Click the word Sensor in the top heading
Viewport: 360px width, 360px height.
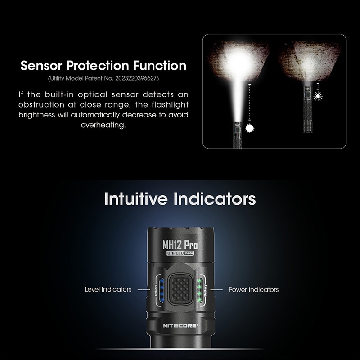tap(41, 66)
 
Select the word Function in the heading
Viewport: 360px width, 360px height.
tap(160, 66)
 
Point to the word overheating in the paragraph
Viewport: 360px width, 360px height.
tap(103, 125)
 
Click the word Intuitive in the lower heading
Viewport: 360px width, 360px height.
tap(136, 199)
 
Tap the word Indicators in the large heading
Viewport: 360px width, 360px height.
tap(215, 199)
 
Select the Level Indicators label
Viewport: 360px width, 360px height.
tap(108, 289)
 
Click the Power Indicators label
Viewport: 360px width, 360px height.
tap(253, 289)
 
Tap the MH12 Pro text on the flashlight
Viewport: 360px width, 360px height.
tap(180, 245)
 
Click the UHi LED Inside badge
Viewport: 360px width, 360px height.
tap(180, 253)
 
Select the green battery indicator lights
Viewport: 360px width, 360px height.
tap(199, 290)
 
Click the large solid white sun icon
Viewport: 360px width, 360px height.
tap(250, 128)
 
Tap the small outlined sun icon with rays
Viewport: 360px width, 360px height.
tap(318, 96)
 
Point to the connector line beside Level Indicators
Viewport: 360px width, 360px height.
tap(144, 289)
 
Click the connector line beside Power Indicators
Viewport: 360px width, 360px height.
tap(216, 290)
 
